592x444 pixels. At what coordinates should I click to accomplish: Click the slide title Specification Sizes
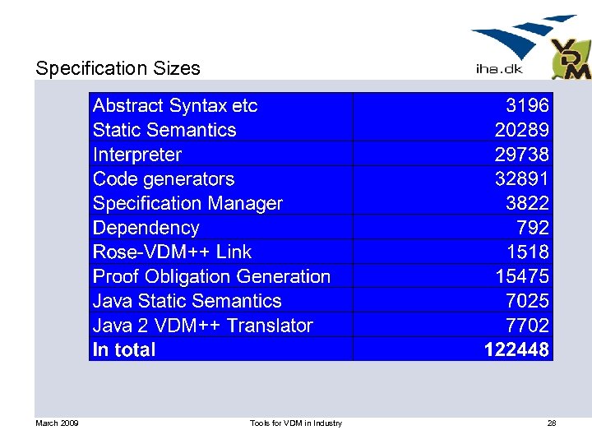(118, 68)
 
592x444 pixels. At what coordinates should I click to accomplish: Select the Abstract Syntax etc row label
(175, 105)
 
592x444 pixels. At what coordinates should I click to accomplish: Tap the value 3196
(527, 105)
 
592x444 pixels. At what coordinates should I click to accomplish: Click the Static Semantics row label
(164, 130)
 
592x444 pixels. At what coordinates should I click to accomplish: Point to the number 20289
(521, 130)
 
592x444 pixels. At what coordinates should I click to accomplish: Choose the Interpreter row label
(137, 155)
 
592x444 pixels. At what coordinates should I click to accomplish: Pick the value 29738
(521, 155)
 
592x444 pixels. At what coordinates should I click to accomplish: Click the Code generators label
(164, 179)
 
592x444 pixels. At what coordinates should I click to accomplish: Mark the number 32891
(521, 179)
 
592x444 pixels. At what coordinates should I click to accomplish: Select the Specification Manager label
(187, 203)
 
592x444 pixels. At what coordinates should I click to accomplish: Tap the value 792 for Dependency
(534, 228)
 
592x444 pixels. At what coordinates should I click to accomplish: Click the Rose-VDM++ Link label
(172, 252)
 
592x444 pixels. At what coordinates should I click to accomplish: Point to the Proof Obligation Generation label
(211, 276)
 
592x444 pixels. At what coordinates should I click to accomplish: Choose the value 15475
(521, 276)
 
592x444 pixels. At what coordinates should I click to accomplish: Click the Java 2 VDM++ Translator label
(203, 326)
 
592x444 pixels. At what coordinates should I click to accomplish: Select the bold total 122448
(516, 350)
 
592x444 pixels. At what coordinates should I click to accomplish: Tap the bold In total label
(124, 350)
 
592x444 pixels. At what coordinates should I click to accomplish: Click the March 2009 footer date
(57, 423)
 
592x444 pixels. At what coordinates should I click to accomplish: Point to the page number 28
(552, 423)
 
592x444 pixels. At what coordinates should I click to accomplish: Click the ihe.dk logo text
(498, 69)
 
